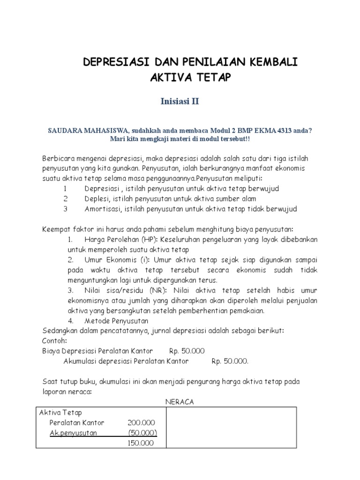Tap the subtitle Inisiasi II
(x=180, y=101)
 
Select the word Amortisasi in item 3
(x=103, y=209)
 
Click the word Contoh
(x=55, y=341)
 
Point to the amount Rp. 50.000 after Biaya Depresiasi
(x=187, y=351)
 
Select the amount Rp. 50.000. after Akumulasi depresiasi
(x=230, y=361)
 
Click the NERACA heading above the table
(x=180, y=402)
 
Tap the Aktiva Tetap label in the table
(x=60, y=412)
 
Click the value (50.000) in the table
(x=142, y=433)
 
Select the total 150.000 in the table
(x=141, y=443)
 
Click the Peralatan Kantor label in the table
(x=76, y=423)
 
